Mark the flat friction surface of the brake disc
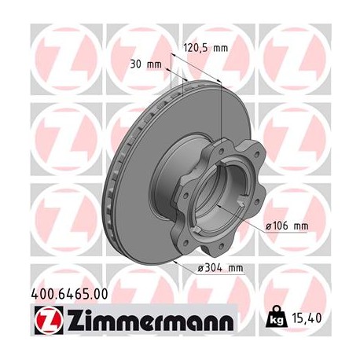tap(134, 157)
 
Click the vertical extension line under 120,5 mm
tap(222, 110)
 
